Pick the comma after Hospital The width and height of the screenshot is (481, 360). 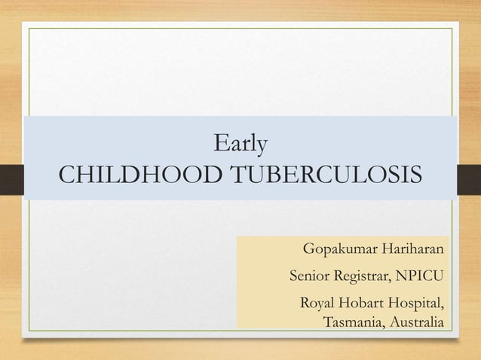[443, 309]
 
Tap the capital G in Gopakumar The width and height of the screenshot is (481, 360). [308, 249]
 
